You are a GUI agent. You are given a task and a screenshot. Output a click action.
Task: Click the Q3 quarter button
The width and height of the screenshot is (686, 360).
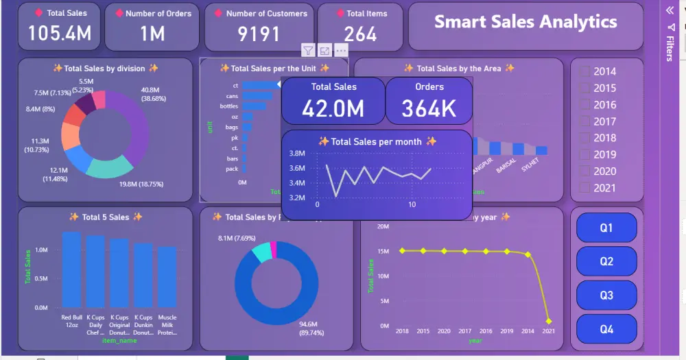pos(606,295)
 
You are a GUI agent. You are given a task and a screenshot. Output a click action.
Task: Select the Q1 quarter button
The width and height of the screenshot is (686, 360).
pos(606,228)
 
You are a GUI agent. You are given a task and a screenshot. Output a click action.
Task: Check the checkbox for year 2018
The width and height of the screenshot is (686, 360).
pos(584,138)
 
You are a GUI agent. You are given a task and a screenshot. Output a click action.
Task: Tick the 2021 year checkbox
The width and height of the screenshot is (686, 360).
pos(584,188)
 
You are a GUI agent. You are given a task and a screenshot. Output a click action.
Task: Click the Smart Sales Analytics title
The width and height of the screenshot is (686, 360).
pos(525,22)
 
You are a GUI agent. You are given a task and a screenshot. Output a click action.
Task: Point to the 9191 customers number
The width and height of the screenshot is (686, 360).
pos(259,34)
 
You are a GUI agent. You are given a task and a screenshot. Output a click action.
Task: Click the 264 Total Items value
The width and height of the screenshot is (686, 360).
pos(360,34)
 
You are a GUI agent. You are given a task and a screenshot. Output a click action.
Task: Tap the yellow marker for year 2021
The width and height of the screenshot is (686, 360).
pos(549,321)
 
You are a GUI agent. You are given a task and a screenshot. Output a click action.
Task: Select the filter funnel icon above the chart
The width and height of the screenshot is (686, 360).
pos(308,50)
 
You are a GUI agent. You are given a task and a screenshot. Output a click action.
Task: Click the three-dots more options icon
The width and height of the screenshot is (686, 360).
pos(341,50)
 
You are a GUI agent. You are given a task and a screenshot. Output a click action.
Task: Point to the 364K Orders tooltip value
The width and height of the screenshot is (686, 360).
pos(429,108)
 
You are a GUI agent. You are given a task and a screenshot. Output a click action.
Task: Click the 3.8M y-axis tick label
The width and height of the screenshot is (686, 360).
pos(297,154)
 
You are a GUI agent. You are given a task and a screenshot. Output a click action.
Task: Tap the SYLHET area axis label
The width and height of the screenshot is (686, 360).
pos(530,167)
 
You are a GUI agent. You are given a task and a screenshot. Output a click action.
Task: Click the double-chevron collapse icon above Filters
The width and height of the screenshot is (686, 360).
pos(670,10)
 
